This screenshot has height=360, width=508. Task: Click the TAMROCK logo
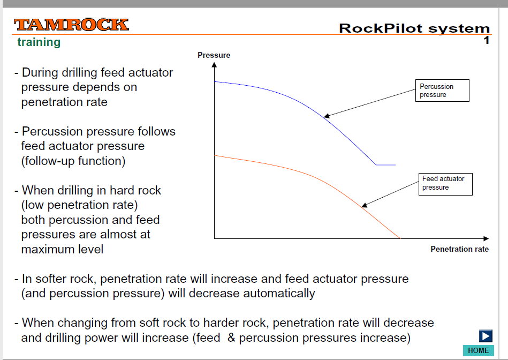pyautogui.click(x=71, y=25)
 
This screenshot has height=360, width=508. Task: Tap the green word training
pyautogui.click(x=39, y=42)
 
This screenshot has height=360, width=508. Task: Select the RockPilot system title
pyautogui.click(x=414, y=28)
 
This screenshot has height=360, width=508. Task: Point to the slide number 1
pyautogui.click(x=486, y=40)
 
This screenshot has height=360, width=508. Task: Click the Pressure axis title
pyautogui.click(x=214, y=55)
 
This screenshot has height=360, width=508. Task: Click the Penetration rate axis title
pyautogui.click(x=459, y=249)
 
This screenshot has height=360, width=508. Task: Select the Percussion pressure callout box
pyautogui.click(x=442, y=91)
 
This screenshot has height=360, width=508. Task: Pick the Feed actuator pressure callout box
pyautogui.click(x=445, y=184)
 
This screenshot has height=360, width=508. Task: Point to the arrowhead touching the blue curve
pyautogui.click(x=327, y=116)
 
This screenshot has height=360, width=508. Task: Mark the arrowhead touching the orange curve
pyautogui.click(x=364, y=205)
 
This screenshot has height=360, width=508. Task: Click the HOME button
pyautogui.click(x=479, y=350)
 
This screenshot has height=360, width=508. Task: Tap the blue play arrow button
pyautogui.click(x=486, y=336)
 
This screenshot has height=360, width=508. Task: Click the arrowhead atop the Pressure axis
pyautogui.click(x=214, y=65)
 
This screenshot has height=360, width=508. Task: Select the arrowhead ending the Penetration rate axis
pyautogui.click(x=486, y=239)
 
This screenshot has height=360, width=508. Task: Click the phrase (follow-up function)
pyautogui.click(x=73, y=161)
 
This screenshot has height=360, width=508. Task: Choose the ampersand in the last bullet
pyautogui.click(x=231, y=337)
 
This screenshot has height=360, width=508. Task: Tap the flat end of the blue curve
pyautogui.click(x=386, y=165)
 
